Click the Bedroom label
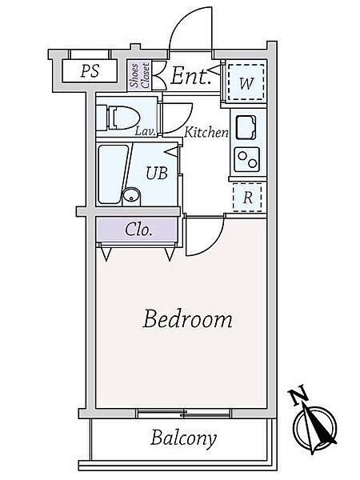[x=187, y=319]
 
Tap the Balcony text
[x=183, y=438]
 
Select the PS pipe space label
[x=90, y=70]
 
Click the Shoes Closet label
[x=139, y=75]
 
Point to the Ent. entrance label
[x=190, y=76]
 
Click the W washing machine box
[x=246, y=82]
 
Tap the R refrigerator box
[x=247, y=197]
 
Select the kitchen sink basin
[x=246, y=127]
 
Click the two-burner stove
[x=247, y=159]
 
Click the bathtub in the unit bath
[x=113, y=174]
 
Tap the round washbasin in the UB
[x=131, y=196]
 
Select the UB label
[x=157, y=173]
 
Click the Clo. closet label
[x=138, y=230]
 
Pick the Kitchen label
[x=206, y=132]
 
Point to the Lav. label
[x=146, y=131]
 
